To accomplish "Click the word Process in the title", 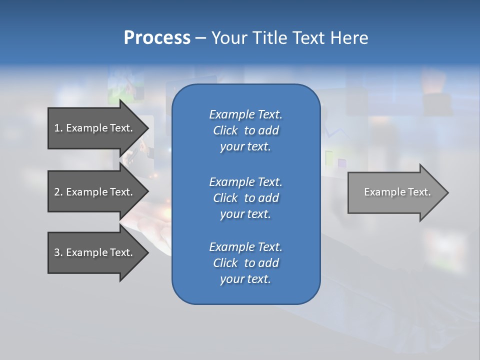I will pos(157,38).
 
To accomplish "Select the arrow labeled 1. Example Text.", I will pos(93,128).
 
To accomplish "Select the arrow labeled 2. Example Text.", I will pos(93,192).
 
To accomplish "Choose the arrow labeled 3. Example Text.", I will pos(93,252).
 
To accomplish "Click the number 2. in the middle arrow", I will pos(58,192).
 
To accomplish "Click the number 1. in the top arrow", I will pos(58,128).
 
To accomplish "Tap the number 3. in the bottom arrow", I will pos(58,252).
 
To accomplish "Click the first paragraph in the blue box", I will pos(245,130).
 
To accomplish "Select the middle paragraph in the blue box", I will pos(245,198).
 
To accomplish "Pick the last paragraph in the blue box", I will pos(245,263).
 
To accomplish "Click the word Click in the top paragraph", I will pos(225,130).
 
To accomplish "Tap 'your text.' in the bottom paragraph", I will pos(245,279).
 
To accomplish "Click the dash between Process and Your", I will pos(201,38).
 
